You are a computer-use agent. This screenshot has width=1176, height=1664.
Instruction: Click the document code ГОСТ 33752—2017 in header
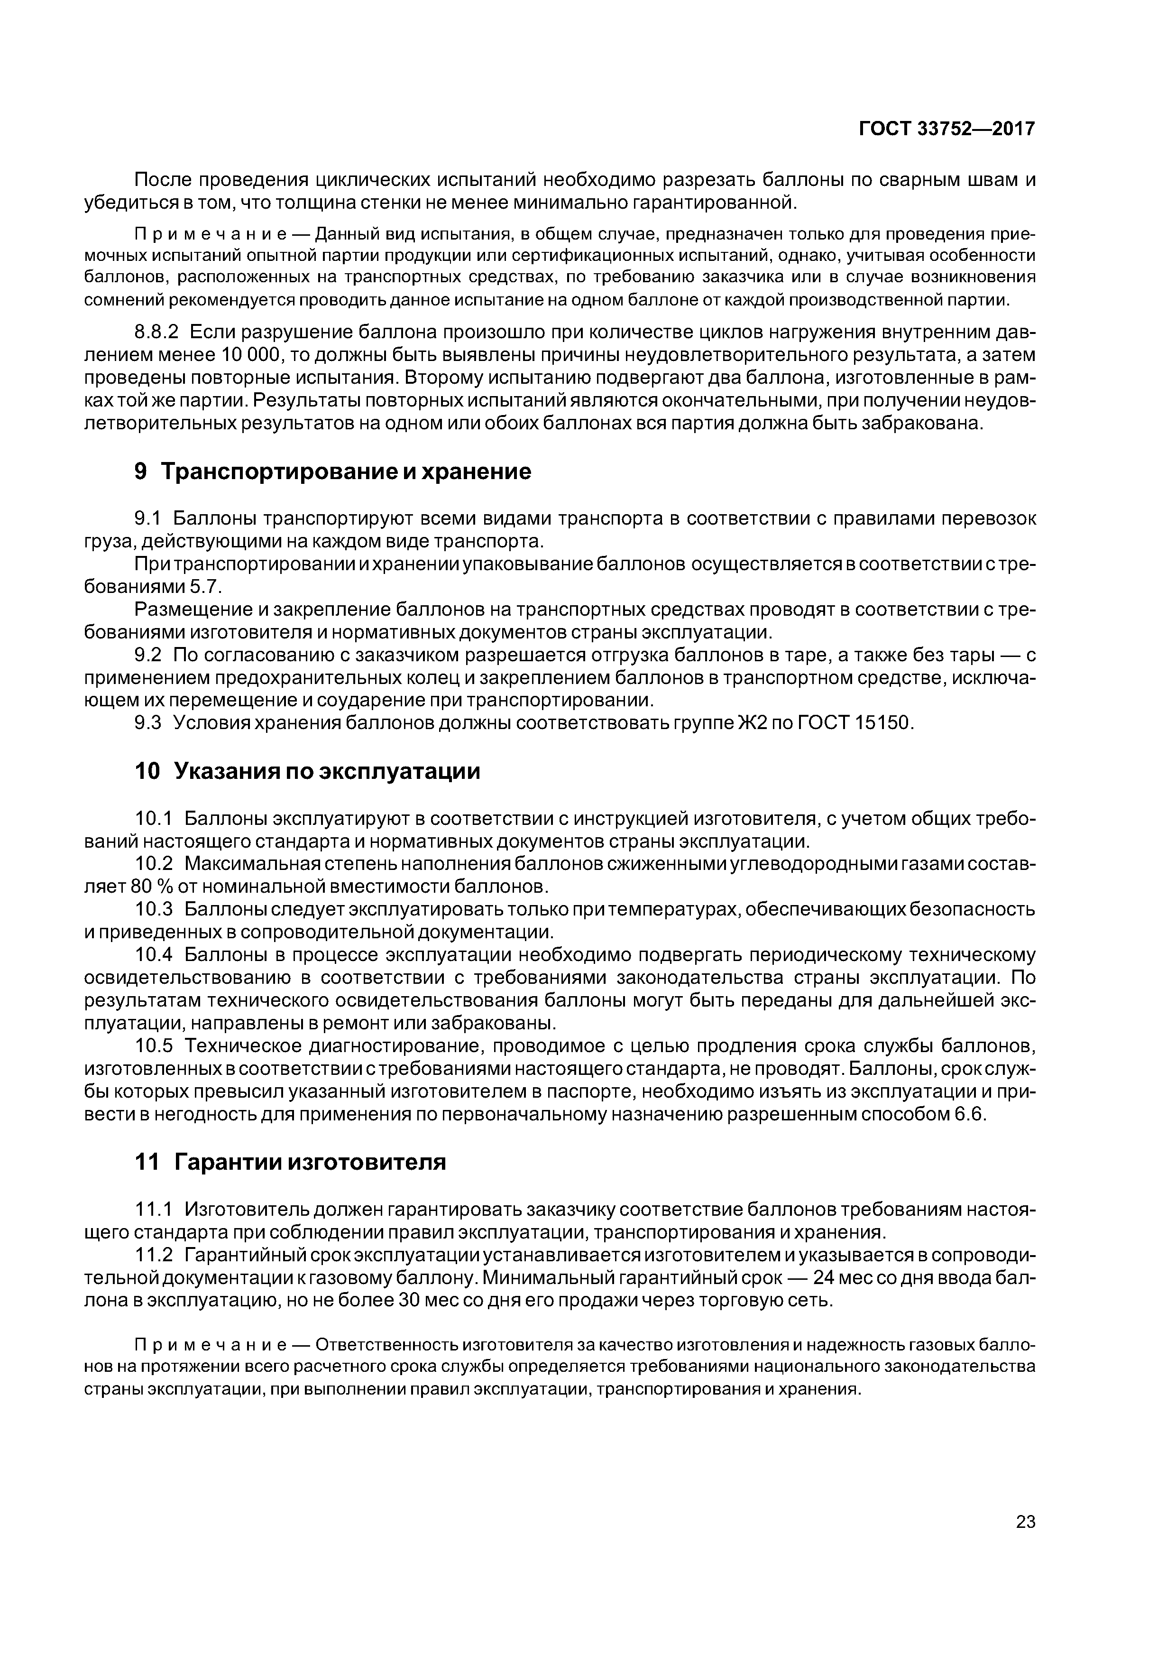[x=947, y=129]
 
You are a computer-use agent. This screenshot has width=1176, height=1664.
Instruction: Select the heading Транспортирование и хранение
[x=345, y=472]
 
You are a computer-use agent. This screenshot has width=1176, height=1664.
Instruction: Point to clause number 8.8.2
[x=156, y=333]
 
